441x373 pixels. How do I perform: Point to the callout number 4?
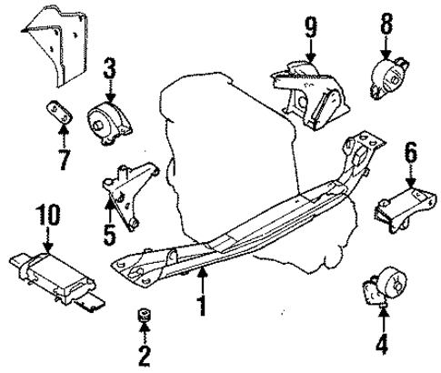coord(383,346)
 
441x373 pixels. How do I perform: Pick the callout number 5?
coord(110,238)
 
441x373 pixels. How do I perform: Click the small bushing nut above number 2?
coord(142,315)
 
